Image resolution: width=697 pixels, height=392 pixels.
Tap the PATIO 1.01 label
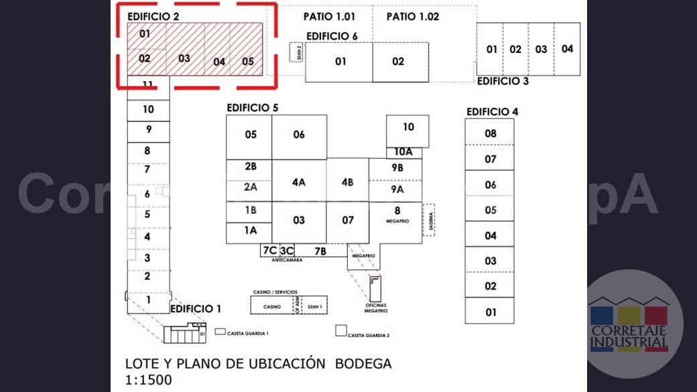coord(329,17)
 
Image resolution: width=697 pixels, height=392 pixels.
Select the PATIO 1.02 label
coord(413,17)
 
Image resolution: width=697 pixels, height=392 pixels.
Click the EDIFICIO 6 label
coord(332,36)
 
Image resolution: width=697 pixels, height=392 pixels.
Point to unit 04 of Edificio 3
coord(567,49)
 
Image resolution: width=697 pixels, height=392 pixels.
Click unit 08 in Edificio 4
coord(491,133)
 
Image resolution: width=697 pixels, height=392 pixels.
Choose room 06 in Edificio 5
coord(299,135)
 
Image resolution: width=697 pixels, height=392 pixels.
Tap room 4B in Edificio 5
coord(347,182)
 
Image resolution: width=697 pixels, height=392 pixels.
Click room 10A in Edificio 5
coord(403,152)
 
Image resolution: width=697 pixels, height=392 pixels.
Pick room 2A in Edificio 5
coord(251,188)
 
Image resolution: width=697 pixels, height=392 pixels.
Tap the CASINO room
coord(272,306)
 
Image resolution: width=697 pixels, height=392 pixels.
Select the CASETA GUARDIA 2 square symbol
coord(341,330)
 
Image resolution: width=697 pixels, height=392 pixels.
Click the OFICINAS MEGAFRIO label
coord(376,309)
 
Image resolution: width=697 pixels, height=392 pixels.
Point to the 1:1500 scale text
coord(149,380)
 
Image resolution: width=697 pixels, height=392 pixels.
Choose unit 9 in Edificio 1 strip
coord(148,130)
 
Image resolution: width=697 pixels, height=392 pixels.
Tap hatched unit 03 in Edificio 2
coord(184,58)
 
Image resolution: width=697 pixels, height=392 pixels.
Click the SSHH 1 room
coord(315,306)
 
